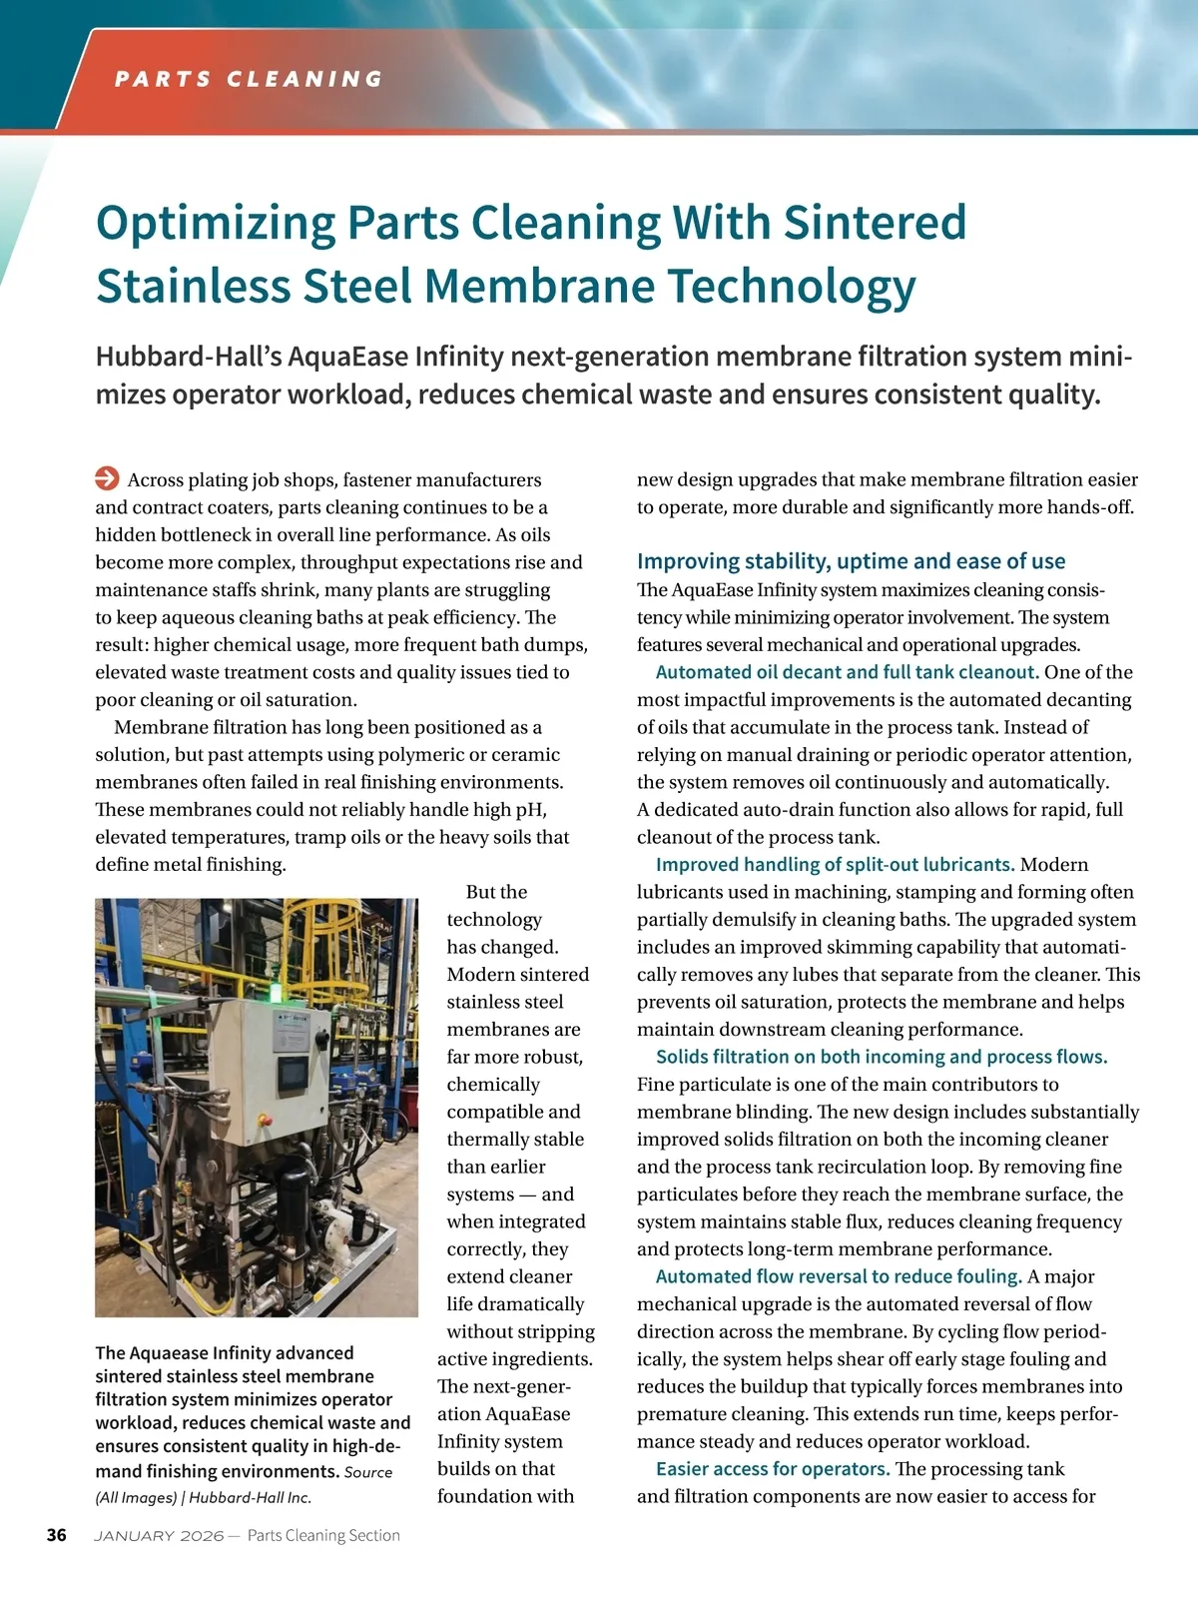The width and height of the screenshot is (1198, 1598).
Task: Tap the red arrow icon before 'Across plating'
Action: (x=107, y=478)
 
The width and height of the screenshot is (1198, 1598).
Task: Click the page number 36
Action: (x=57, y=1535)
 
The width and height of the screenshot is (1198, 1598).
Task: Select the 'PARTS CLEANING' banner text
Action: (x=249, y=79)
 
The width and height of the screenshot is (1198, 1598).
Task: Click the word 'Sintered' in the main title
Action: (x=875, y=223)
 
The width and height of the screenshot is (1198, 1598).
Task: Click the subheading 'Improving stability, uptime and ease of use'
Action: (x=851, y=561)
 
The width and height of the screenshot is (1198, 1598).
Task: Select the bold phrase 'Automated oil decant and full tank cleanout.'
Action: (x=847, y=672)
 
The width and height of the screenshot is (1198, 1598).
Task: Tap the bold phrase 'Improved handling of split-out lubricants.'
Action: (x=835, y=864)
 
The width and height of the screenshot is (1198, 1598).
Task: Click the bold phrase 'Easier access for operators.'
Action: (x=773, y=1468)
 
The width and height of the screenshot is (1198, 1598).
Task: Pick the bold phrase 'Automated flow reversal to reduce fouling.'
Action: (x=839, y=1276)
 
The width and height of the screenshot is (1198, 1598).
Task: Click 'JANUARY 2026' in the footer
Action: (x=159, y=1536)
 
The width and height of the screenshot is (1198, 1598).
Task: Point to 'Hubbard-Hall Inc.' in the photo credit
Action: (x=250, y=1497)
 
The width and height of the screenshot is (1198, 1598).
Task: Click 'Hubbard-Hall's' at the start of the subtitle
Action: (x=188, y=357)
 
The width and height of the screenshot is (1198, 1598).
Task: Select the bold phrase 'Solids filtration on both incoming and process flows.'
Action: (x=882, y=1057)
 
